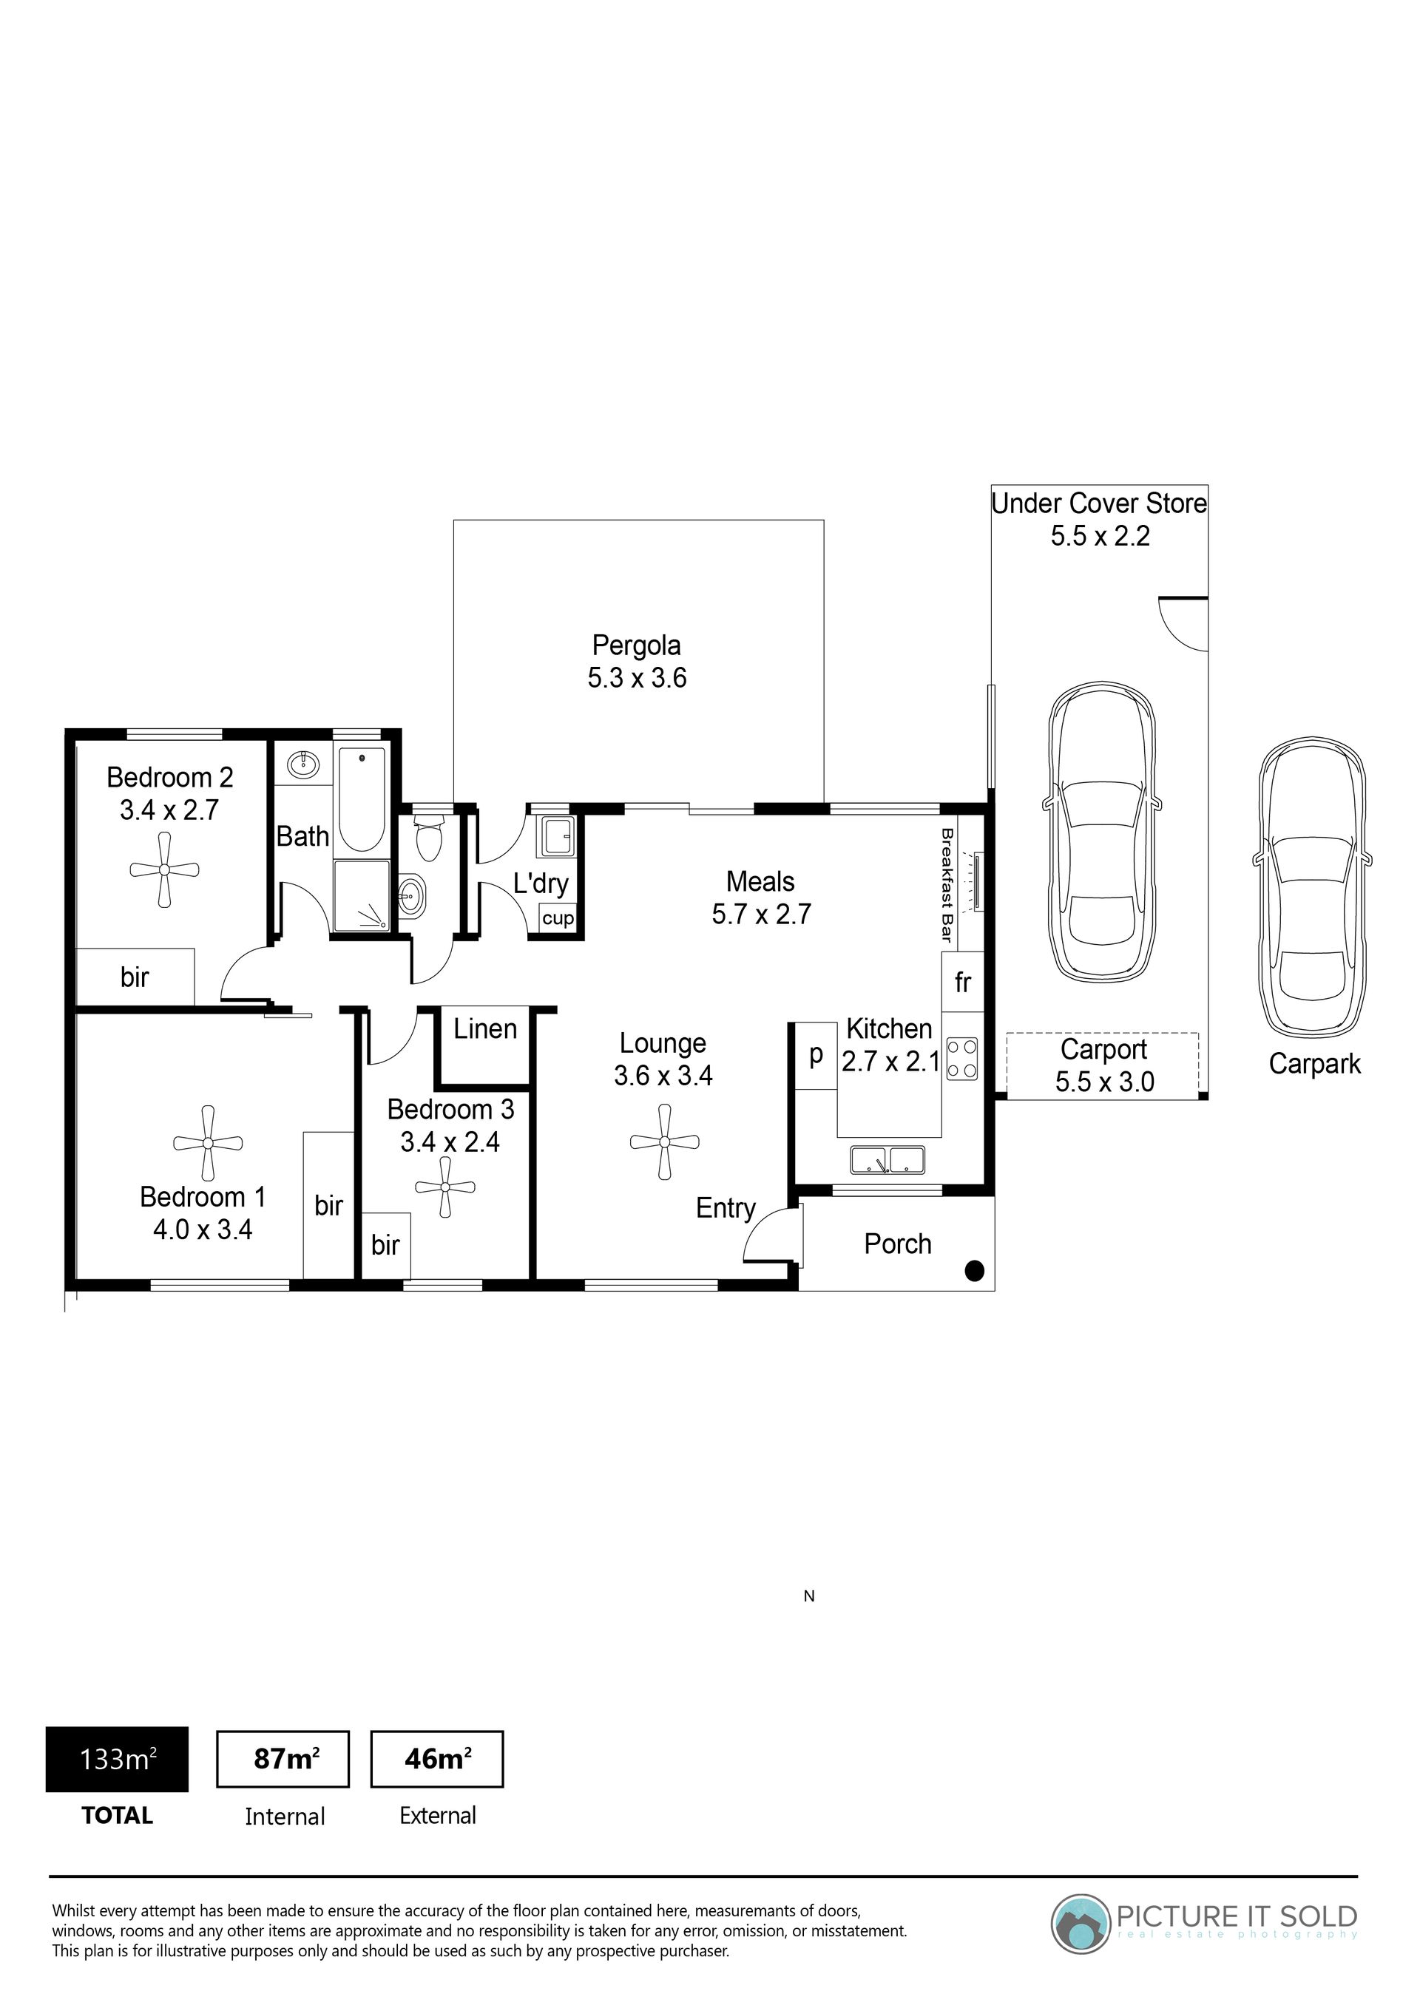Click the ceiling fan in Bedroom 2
pyautogui.click(x=164, y=869)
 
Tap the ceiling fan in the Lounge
pyautogui.click(x=665, y=1142)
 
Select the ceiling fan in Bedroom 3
pyautogui.click(x=445, y=1187)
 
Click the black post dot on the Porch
pyautogui.click(x=975, y=1271)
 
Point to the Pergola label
pyautogui.click(x=637, y=661)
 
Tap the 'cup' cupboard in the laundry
pyautogui.click(x=558, y=918)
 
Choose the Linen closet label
pyautogui.click(x=486, y=1028)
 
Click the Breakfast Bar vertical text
pyautogui.click(x=946, y=884)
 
